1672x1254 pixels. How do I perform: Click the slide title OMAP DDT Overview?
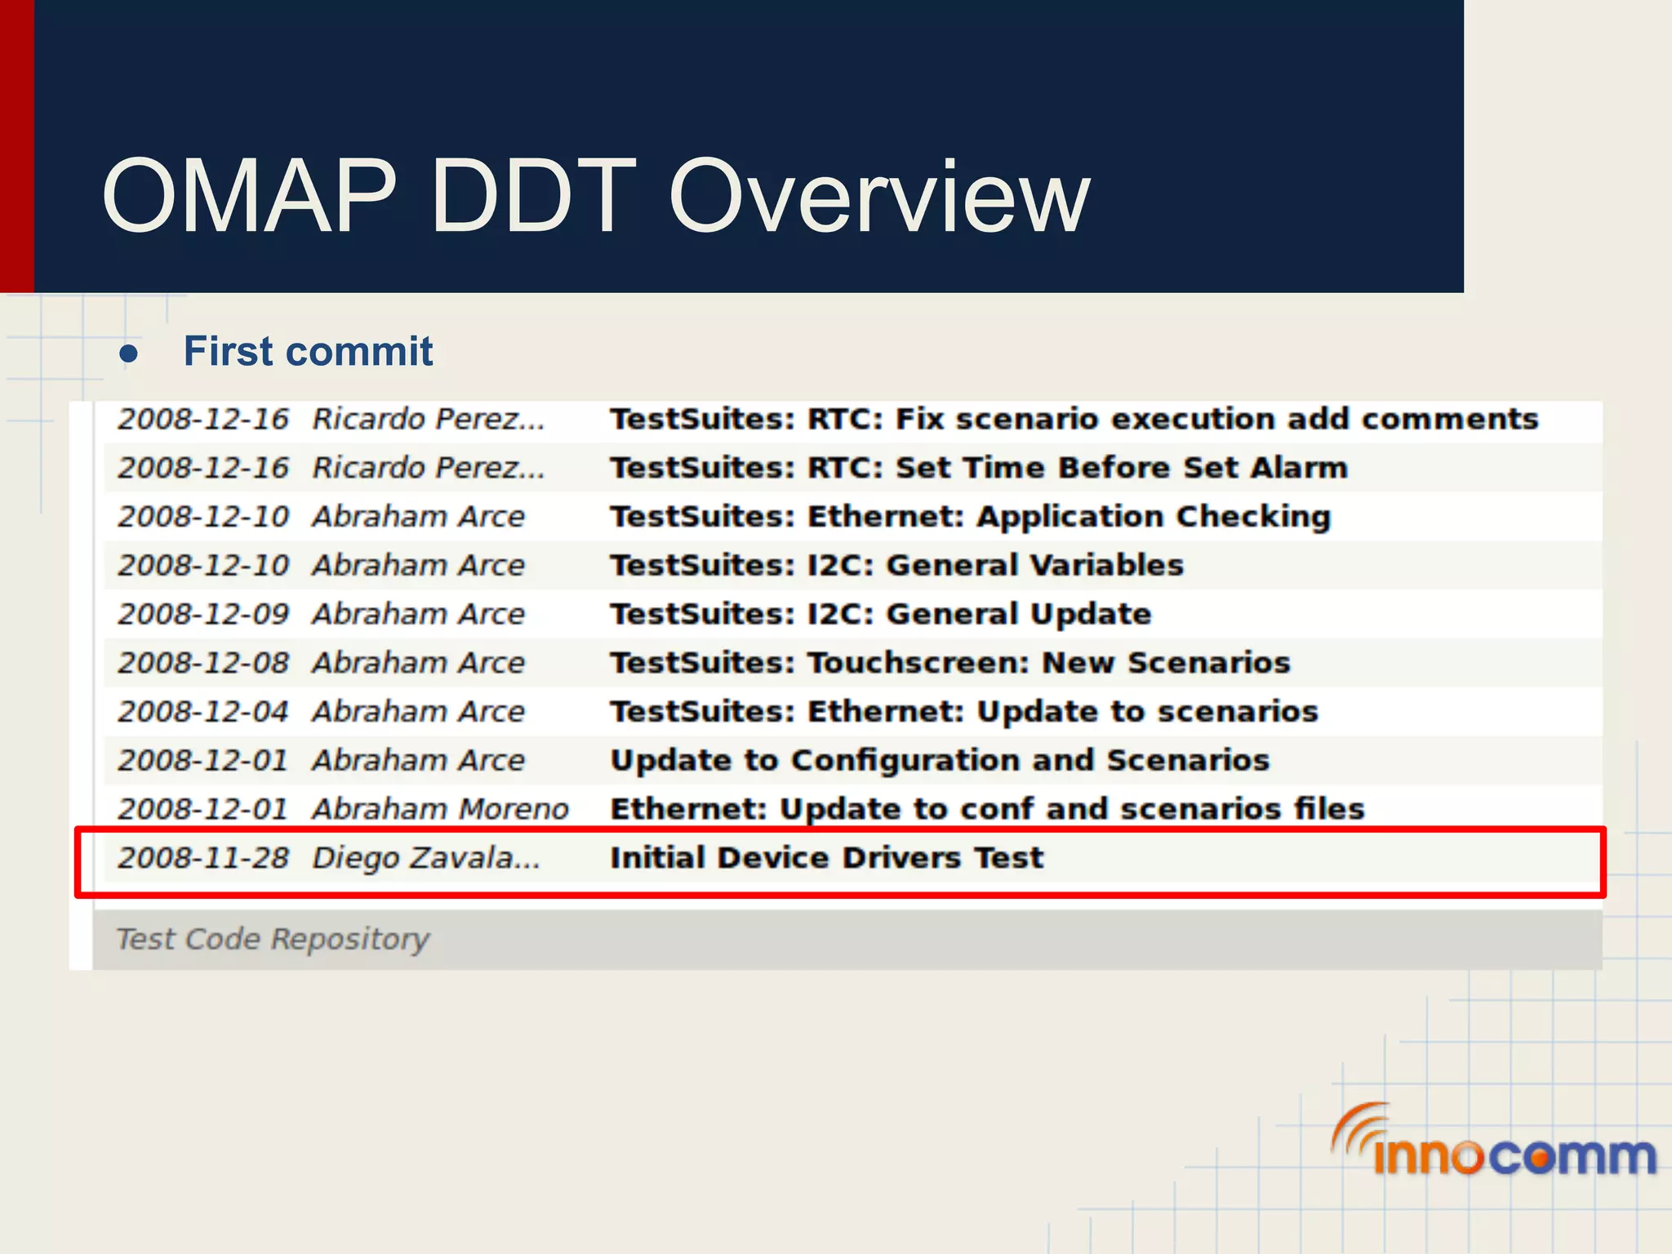[595, 196]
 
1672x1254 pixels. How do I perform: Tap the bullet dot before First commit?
[128, 354]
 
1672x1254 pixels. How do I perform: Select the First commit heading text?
[308, 352]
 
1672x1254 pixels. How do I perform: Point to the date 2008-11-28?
[203, 858]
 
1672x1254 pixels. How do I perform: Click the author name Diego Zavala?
[425, 858]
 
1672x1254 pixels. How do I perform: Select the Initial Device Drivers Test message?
[826, 858]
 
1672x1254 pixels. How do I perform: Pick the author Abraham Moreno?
[440, 809]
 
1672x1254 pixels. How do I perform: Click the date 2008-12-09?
[203, 614]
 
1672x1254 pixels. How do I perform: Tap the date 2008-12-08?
[203, 663]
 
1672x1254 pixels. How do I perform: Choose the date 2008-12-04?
[203, 712]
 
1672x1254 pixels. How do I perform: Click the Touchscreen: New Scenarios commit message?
[949, 663]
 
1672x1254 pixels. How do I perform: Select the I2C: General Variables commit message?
[896, 565]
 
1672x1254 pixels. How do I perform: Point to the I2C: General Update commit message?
[880, 614]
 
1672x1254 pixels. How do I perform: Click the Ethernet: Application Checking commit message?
[970, 517]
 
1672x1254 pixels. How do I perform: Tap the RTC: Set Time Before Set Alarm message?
[978, 468]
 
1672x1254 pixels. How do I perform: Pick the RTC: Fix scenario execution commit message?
[1074, 419]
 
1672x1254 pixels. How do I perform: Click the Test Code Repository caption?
[273, 940]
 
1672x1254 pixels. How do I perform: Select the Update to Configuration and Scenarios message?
[940, 760]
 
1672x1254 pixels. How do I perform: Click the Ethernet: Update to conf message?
[987, 809]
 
